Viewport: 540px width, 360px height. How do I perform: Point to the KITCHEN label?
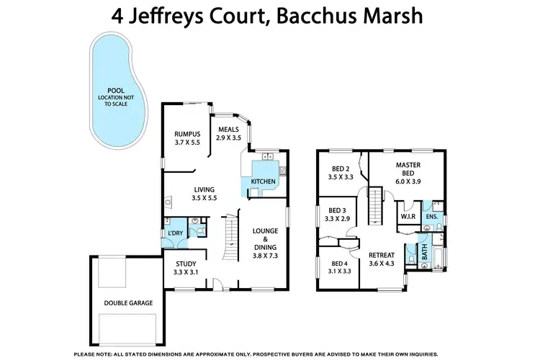pyautogui.click(x=263, y=181)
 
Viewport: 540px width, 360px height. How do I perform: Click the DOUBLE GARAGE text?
pyautogui.click(x=128, y=303)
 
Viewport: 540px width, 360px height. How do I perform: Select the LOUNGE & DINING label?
pyautogui.click(x=266, y=243)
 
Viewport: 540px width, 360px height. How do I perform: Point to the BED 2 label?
pyautogui.click(x=340, y=172)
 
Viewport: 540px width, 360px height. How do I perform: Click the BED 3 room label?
pyautogui.click(x=337, y=214)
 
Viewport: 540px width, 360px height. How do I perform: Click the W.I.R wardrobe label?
pyautogui.click(x=406, y=216)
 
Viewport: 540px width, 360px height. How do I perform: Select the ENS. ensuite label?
pyautogui.click(x=431, y=216)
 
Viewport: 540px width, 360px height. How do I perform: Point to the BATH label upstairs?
pyautogui.click(x=423, y=253)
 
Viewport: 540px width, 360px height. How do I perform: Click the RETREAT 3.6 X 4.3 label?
pyautogui.click(x=382, y=260)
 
